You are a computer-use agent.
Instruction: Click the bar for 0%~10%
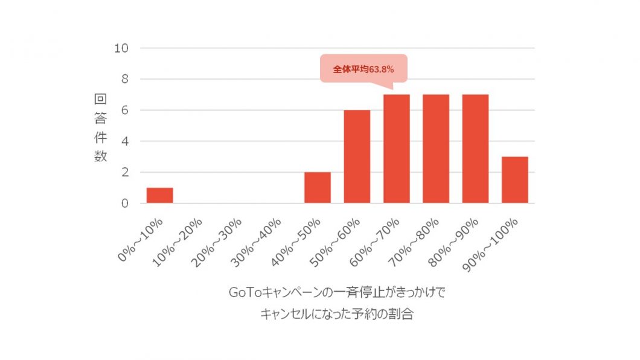coord(159,196)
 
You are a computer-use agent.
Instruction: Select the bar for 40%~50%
coord(318,188)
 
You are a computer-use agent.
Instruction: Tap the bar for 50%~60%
coord(357,156)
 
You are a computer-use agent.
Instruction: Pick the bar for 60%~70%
coord(397,149)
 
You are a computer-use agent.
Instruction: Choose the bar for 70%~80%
coord(436,149)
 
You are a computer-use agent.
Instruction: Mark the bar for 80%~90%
coord(475,149)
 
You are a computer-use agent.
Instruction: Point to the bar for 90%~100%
coord(515,180)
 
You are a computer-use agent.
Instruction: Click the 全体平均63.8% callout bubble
coord(363,69)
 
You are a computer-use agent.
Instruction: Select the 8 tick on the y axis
coord(124,79)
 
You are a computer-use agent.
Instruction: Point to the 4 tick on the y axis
coord(124,141)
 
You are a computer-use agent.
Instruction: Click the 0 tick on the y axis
coord(124,204)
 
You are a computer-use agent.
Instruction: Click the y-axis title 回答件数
coord(100,127)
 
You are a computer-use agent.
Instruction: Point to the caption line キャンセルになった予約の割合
coord(336,314)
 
